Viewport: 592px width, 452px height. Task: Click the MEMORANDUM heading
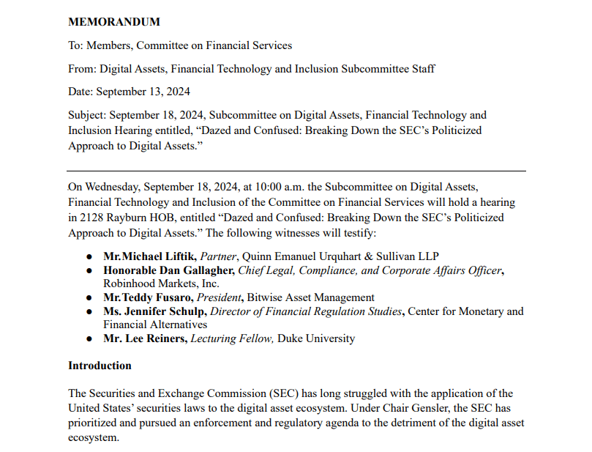click(113, 22)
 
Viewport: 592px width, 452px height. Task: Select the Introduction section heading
click(100, 366)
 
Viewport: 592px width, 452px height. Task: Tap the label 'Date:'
click(80, 92)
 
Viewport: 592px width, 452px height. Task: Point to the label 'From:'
click(82, 69)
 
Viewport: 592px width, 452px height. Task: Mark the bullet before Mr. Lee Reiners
click(89, 339)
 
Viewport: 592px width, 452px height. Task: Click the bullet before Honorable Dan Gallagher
click(89, 271)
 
